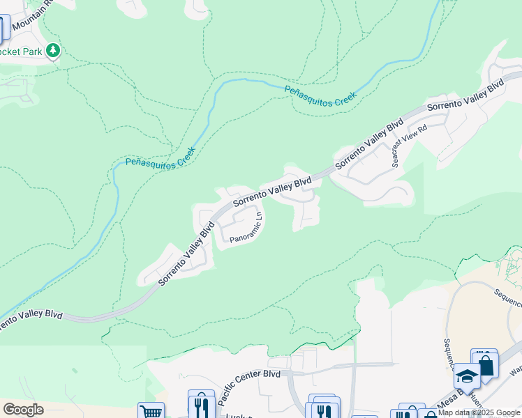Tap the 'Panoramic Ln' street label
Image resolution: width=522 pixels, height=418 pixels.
(246, 228)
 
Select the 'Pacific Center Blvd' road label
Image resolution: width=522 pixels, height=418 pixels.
(248, 387)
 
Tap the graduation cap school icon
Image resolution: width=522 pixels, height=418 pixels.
(467, 377)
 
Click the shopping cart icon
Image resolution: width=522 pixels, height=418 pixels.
(150, 411)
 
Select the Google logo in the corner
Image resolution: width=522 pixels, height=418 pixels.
(23, 410)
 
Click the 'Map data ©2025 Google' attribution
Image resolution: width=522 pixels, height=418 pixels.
(479, 412)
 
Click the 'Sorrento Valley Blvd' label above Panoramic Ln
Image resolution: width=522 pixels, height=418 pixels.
(272, 192)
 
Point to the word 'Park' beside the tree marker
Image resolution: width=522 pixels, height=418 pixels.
(32, 52)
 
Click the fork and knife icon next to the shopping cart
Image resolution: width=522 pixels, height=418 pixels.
(201, 403)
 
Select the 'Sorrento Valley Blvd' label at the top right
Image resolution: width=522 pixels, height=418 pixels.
(465, 96)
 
